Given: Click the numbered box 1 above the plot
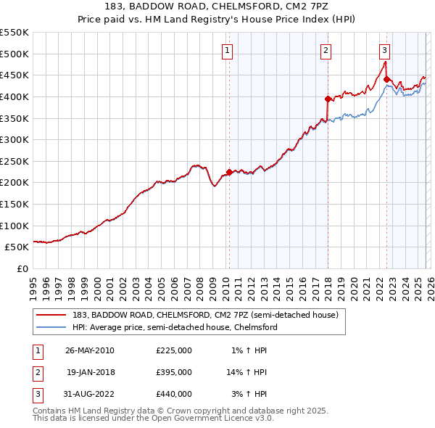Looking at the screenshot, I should click(228, 50).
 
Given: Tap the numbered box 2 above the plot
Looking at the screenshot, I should click(326, 50).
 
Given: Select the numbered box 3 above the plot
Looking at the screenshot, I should click(384, 50).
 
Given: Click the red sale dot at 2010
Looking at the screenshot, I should click(229, 172).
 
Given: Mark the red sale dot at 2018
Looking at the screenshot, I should click(328, 99).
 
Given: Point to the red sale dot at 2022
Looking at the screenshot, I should click(386, 79).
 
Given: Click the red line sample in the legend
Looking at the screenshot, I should click(52, 315).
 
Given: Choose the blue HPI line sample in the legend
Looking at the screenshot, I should click(52, 327).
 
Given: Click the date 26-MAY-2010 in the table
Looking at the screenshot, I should click(90, 350).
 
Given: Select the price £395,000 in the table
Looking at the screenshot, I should click(174, 372).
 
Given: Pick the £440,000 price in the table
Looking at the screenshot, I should click(174, 394).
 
